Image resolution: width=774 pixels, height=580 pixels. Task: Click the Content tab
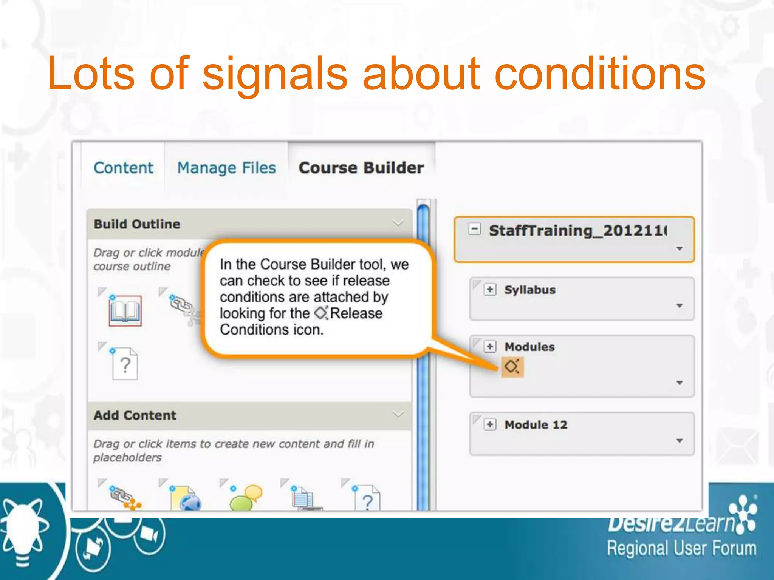coord(123,168)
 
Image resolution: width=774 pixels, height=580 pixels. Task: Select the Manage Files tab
coord(226,168)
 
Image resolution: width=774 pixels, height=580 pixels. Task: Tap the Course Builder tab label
coord(361,168)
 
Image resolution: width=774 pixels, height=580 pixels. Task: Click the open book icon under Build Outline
coord(125,311)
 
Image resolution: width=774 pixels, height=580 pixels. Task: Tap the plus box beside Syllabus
coord(490,290)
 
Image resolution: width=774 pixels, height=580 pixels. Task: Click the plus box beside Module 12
coord(490,424)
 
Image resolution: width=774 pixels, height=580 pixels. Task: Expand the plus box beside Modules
coord(490,346)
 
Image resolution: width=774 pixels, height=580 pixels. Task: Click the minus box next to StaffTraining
coord(475,229)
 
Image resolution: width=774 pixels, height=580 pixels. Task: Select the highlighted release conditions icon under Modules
coord(512,367)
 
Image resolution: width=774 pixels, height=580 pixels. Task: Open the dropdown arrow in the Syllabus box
coord(680,305)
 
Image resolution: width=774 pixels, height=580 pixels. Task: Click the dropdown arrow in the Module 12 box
coord(680,441)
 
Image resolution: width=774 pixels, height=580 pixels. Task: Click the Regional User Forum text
coord(681,549)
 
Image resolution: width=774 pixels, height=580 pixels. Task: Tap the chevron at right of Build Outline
coord(398,223)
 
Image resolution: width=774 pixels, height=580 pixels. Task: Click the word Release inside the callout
coord(356,313)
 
